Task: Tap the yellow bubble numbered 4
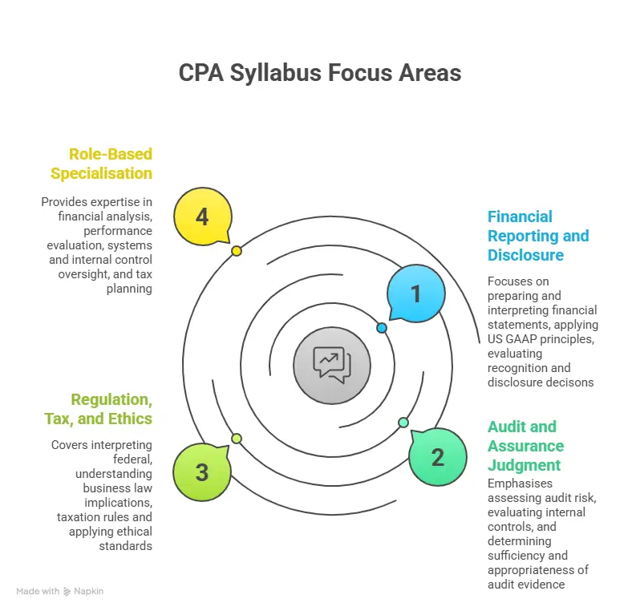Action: click(201, 216)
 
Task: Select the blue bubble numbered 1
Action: click(415, 294)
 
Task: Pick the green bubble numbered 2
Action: click(437, 457)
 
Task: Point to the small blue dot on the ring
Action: click(382, 328)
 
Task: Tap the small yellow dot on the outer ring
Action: click(237, 251)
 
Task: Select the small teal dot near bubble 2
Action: click(403, 423)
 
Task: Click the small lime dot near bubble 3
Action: click(237, 438)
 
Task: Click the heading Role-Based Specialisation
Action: click(101, 163)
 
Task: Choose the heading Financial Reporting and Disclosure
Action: click(537, 236)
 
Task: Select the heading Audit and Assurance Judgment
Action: click(526, 446)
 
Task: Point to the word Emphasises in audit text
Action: click(520, 484)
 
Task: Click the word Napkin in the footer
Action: click(90, 591)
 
